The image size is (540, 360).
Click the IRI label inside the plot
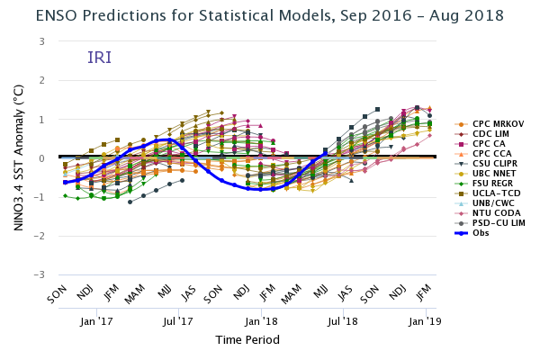[100, 58]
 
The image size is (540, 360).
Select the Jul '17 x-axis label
[178, 319]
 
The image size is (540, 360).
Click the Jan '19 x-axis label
[425, 319]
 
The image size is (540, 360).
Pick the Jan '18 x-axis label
[261, 319]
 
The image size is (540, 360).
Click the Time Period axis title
[247, 339]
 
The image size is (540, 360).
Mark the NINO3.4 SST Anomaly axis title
[18, 157]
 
